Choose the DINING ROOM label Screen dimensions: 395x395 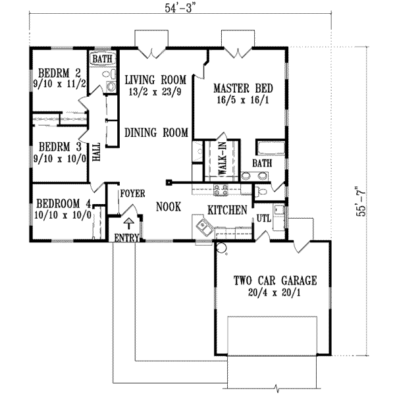(157, 132)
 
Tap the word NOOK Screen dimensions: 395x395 (169, 206)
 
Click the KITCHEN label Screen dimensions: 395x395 (227, 210)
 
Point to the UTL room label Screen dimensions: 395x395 (263, 217)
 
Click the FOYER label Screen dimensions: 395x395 (131, 194)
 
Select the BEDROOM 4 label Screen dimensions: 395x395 (64, 203)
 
